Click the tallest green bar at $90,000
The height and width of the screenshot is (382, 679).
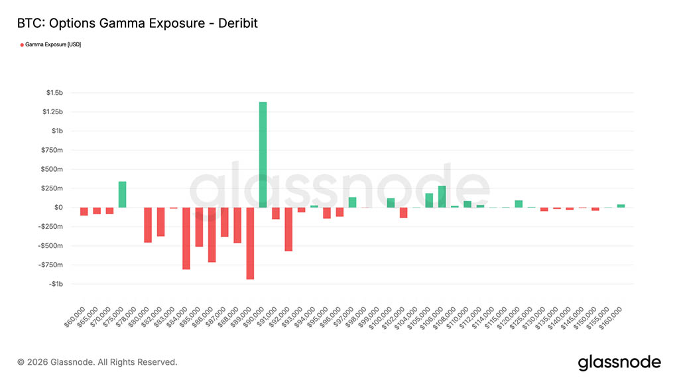point(263,155)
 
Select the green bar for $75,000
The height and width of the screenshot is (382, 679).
point(122,194)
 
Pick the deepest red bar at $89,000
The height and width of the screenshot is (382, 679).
point(250,243)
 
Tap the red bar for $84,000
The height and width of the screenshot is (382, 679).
point(186,238)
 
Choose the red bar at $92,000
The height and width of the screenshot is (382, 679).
point(288,229)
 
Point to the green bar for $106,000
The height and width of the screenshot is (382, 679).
point(442,197)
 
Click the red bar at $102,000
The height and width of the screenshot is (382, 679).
point(403,212)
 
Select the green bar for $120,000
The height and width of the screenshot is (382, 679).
point(519,204)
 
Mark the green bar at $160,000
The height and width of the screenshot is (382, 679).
point(621,206)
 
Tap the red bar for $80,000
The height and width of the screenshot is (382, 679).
point(148,225)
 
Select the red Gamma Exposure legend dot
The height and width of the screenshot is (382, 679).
point(22,44)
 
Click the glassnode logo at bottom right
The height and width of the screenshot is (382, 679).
point(619,362)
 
